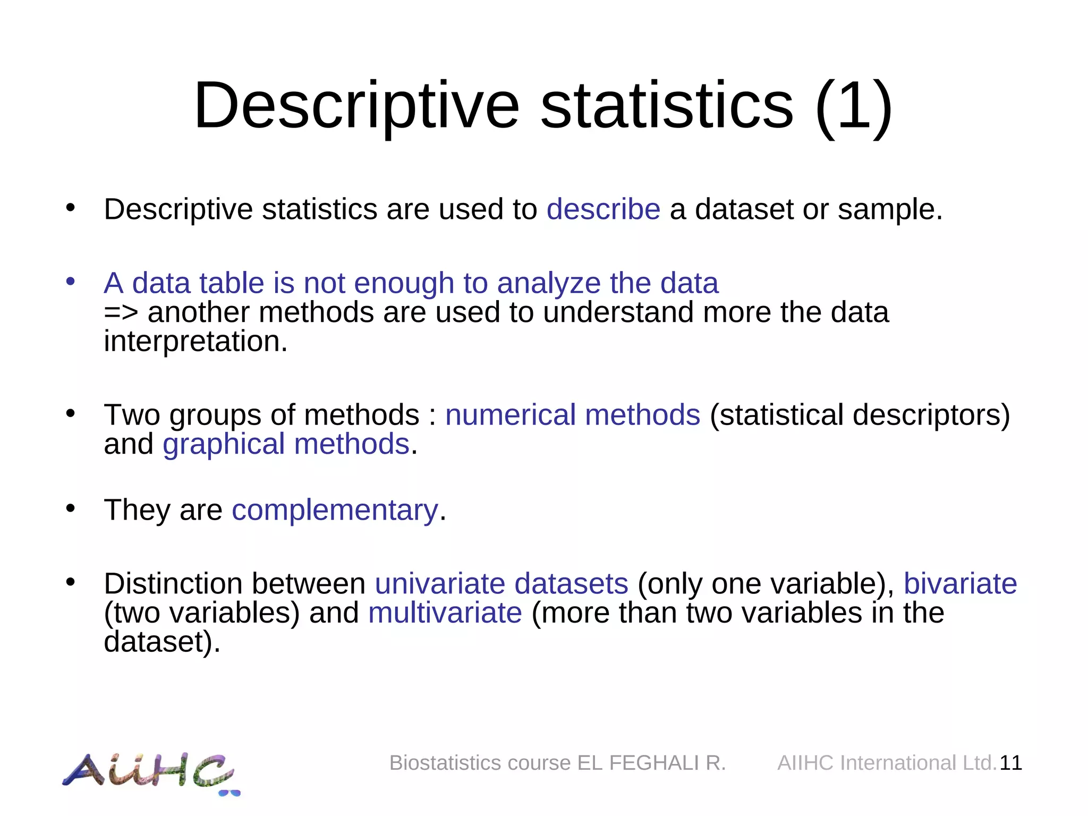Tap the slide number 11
[x=1010, y=763]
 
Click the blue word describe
[x=603, y=209]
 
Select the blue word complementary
[x=335, y=511]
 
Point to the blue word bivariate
[x=960, y=584]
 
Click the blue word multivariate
[x=445, y=613]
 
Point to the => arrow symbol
[x=121, y=312]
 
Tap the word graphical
[x=224, y=445]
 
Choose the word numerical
[x=510, y=415]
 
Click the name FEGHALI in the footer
[x=653, y=763]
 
